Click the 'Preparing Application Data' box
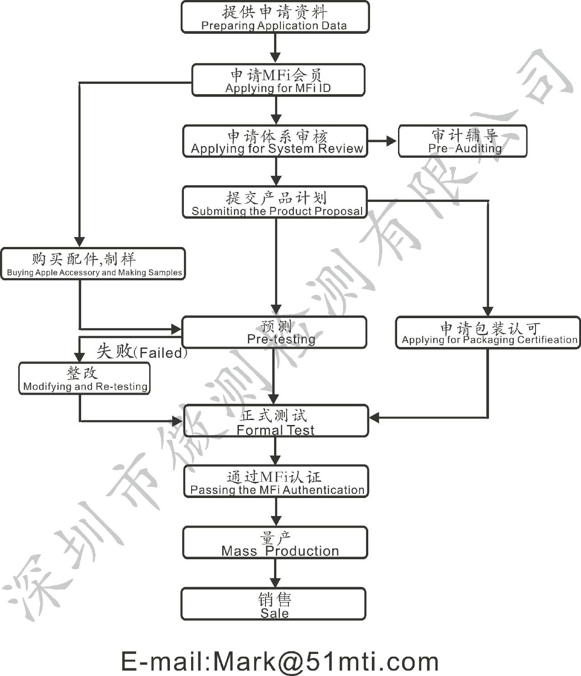coord(275,17)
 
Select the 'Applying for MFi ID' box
coord(278,80)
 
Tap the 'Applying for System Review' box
coord(275,142)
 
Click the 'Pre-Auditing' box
coord(462,142)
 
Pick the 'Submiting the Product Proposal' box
coord(274,202)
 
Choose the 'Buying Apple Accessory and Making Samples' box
coord(93,264)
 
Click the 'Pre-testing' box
coord(274,333)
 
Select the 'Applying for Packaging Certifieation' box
coord(488,333)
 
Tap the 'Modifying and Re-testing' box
coord(84,379)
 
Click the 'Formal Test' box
coord(276,421)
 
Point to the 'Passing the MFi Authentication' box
coord(276,482)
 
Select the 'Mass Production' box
coord(274,544)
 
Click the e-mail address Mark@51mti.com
coord(279,661)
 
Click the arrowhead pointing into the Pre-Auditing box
coord(391,142)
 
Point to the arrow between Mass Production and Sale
coord(274,574)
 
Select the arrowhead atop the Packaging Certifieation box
coord(488,311)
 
